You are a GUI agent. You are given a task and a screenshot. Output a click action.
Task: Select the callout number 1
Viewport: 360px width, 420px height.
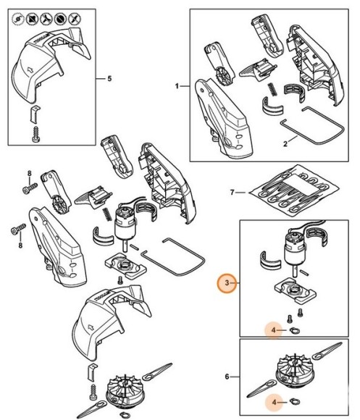(176, 86)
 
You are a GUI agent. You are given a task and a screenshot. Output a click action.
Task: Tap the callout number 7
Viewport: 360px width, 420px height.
(233, 193)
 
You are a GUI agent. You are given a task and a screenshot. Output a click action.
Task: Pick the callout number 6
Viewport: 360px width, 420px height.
(227, 377)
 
